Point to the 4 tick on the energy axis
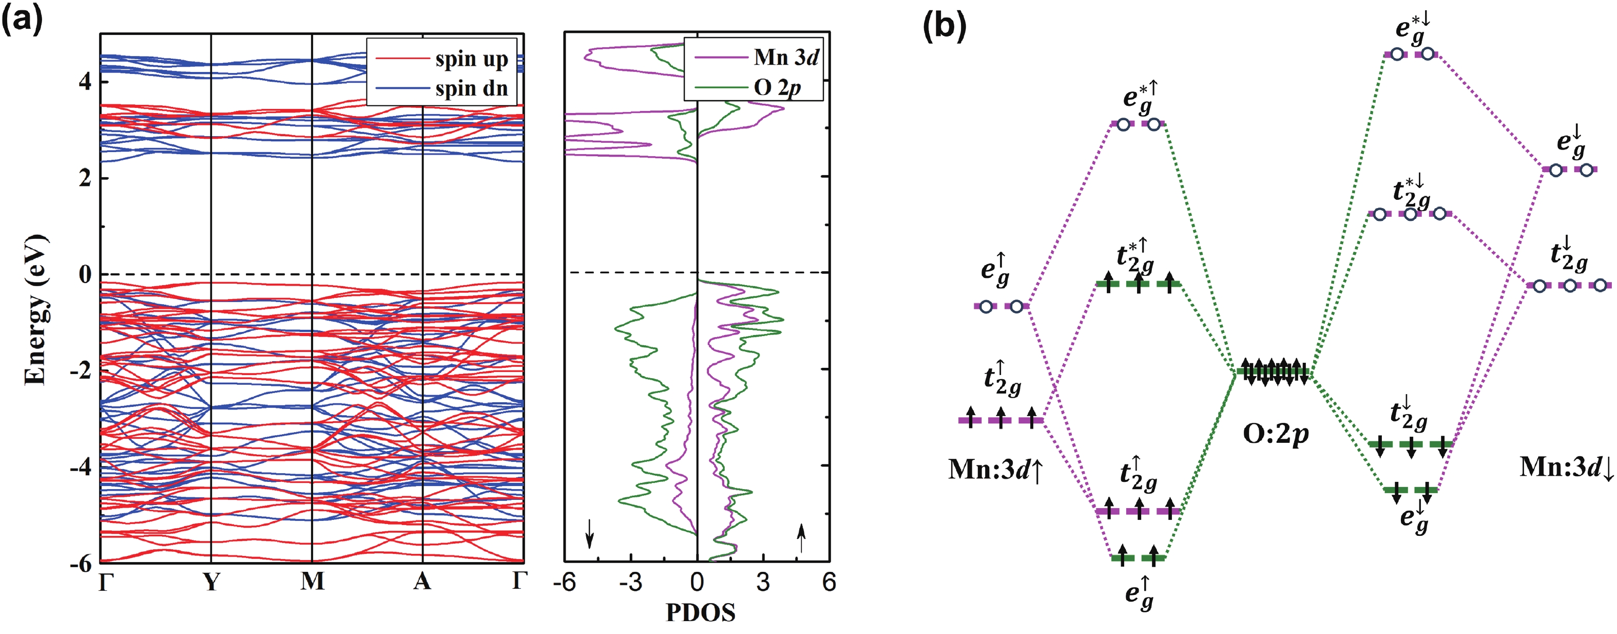click(85, 82)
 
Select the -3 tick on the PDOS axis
click(630, 583)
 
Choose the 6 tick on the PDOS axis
click(829, 583)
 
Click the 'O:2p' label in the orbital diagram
click(1276, 434)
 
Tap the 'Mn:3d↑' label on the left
click(995, 470)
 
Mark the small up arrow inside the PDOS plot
click(801, 538)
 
